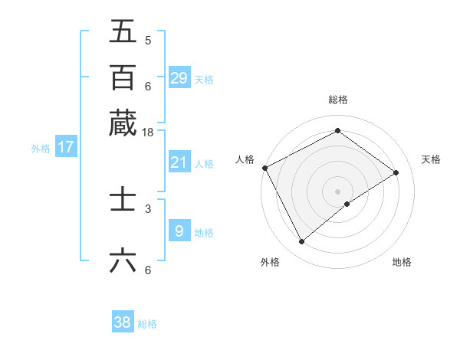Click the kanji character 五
123,31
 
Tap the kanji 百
123,77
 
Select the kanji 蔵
123,123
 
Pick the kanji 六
123,261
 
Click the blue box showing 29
179,78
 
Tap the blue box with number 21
179,162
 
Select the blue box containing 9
179,231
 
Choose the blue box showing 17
66,147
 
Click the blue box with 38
123,322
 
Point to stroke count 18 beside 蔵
148,133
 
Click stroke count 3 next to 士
148,208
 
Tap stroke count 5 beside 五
148,41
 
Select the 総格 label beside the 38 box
147,324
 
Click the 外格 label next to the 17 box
41,149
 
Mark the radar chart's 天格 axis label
432,159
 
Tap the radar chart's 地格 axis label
402,262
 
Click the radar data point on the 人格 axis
264,168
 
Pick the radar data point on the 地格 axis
347,204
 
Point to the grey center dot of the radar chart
337,191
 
